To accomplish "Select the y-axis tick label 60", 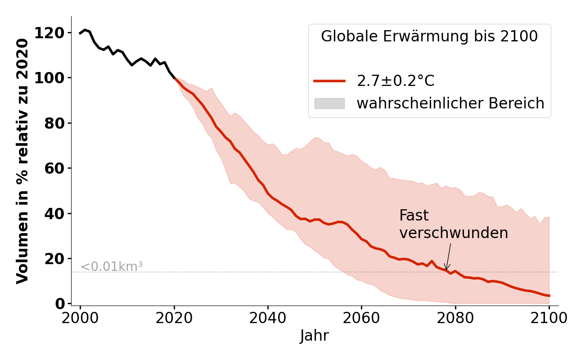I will (x=53, y=168).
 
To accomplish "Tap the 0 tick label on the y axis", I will (x=59, y=304).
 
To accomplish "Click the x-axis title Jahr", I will (x=315, y=336).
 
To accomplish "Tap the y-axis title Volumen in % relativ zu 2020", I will (x=22, y=161).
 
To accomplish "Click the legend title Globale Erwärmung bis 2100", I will (x=429, y=36).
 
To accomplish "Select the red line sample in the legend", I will (x=329, y=81).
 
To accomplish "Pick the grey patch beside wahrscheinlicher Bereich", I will (x=329, y=103).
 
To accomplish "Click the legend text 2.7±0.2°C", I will (x=396, y=81).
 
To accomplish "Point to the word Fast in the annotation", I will (x=414, y=216).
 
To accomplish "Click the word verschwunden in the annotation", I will (x=454, y=233).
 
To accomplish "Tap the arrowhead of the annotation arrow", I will (x=446, y=269).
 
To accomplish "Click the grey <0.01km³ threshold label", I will (x=112, y=267).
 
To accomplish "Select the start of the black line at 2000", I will (x=81, y=33).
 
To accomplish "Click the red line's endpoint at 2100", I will (x=549, y=296).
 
